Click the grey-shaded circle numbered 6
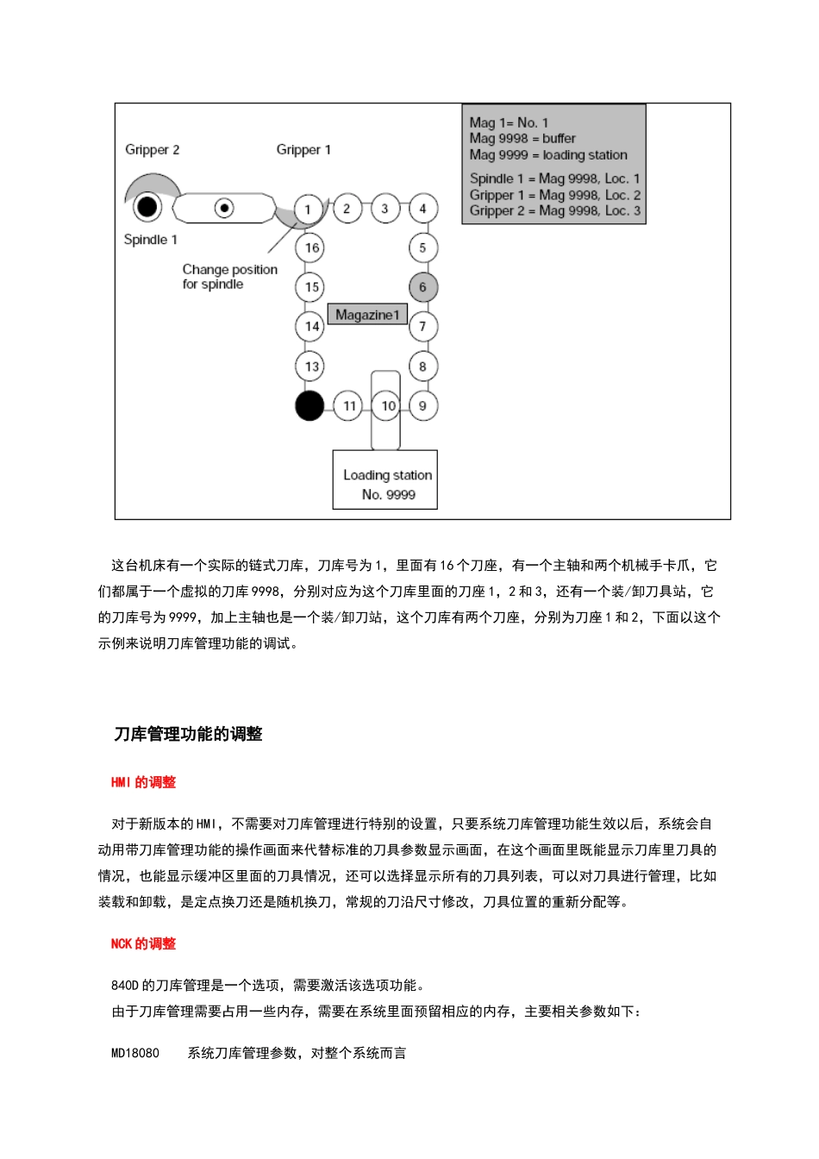point(422,287)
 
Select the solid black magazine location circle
point(309,405)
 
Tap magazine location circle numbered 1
point(308,209)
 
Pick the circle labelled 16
point(311,247)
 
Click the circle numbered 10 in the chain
point(388,405)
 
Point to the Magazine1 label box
point(367,315)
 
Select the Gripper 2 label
point(152,149)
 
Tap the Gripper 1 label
point(303,149)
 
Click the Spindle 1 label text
point(150,239)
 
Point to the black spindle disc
point(147,206)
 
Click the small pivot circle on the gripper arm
point(224,208)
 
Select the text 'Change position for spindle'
point(229,277)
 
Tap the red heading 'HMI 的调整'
point(143,782)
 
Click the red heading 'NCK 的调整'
point(143,943)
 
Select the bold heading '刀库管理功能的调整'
point(188,734)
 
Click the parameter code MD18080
point(135,1053)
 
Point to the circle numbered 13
point(311,366)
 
